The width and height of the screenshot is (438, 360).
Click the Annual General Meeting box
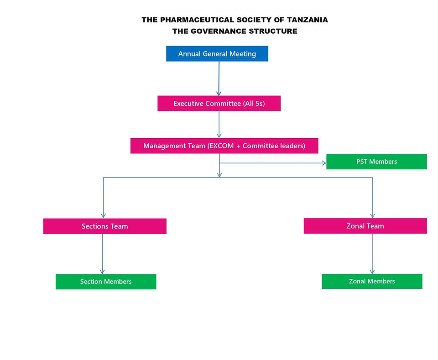click(217, 54)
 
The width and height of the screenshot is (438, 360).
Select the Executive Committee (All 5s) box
click(219, 104)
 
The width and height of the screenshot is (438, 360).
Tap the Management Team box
click(224, 146)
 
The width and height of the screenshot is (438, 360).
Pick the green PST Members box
click(376, 162)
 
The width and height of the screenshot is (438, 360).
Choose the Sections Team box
click(104, 226)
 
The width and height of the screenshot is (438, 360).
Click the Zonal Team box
click(365, 226)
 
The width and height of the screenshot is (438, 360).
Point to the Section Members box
click(106, 282)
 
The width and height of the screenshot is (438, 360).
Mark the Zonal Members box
click(372, 281)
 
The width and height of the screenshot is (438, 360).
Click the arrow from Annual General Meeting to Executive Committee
click(219, 78)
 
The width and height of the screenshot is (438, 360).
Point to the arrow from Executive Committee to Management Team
click(219, 124)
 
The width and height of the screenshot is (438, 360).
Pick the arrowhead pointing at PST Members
click(323, 162)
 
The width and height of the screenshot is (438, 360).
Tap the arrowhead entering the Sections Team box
click(104, 215)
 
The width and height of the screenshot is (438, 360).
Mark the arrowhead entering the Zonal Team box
click(373, 215)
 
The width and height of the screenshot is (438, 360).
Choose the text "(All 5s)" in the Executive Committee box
click(254, 104)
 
